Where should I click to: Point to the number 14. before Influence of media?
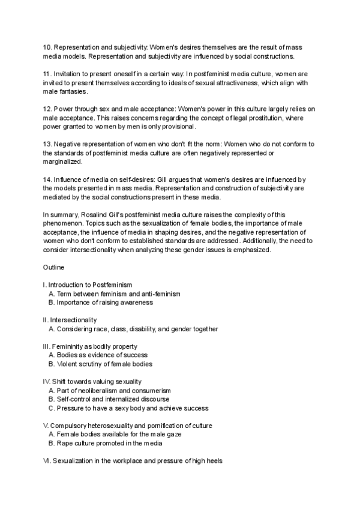[x=47, y=179]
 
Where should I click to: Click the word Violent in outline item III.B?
[x=67, y=364]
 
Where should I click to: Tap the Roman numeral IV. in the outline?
[x=47, y=381]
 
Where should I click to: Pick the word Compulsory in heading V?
[x=69, y=426]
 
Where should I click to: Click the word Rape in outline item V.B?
[x=65, y=443]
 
